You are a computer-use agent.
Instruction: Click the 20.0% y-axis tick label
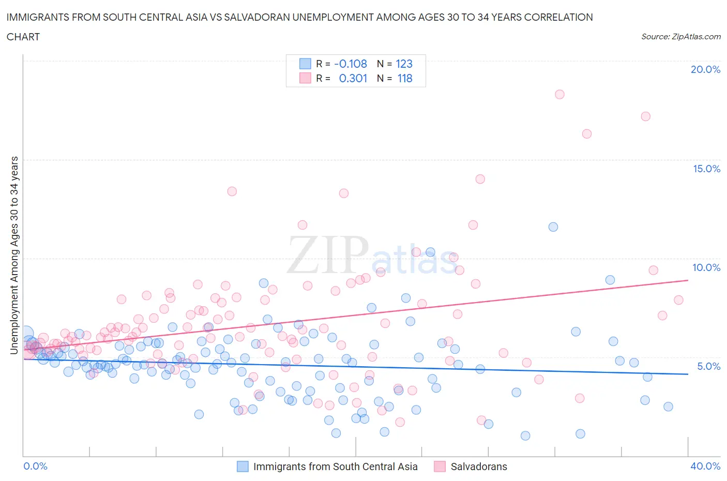coord(705,70)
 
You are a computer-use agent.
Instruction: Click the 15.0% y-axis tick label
coord(706,169)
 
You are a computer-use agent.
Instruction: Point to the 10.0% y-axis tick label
coord(706,267)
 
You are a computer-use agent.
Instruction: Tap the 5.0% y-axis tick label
coord(708,366)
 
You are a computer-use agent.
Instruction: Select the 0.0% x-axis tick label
coord(35,466)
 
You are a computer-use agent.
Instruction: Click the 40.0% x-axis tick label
coord(705,466)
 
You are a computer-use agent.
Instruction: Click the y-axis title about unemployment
coord(14,255)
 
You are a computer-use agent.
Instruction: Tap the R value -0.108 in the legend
coord(351,64)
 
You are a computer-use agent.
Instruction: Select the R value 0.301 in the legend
coord(353,78)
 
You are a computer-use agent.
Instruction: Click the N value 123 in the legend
coord(404,64)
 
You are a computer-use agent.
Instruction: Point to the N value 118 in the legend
coord(404,78)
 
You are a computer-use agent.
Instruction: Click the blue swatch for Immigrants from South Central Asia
coord(243,467)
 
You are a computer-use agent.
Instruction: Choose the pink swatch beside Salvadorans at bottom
coord(440,467)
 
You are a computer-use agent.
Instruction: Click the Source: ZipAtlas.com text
coord(680,37)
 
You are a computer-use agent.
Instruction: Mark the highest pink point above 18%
coord(559,94)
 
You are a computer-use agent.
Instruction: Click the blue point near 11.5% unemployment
coord(553,227)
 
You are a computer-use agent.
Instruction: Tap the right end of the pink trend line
coord(688,280)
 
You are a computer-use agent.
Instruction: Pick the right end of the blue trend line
coord(688,374)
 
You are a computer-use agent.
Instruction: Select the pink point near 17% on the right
coord(645,116)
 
